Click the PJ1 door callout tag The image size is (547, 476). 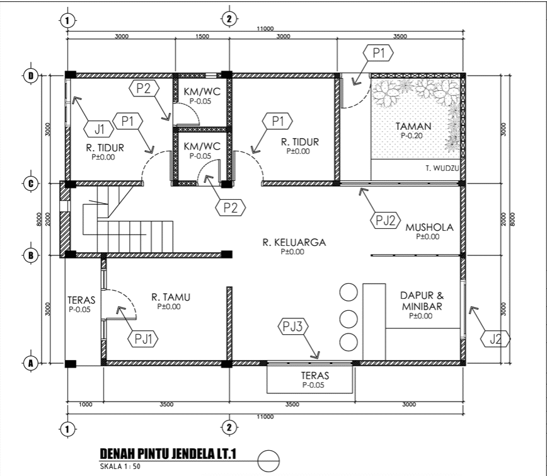[x=144, y=339]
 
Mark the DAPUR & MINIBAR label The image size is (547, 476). [x=422, y=301]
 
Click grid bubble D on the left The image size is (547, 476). [x=30, y=76]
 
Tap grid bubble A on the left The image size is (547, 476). [x=30, y=363]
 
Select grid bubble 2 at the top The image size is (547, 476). [x=229, y=19]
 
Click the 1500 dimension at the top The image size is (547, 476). [x=202, y=37]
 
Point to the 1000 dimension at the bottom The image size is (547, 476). [x=84, y=404]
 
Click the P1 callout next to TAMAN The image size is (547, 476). [x=379, y=54]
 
